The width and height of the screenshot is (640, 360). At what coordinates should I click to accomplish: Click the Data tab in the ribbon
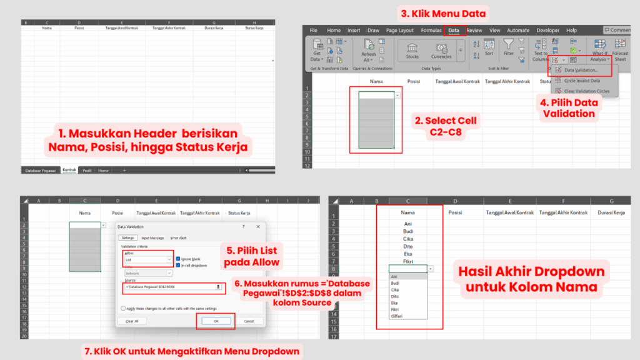pos(454,30)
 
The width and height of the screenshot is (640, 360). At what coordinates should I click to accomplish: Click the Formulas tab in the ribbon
pos(431,30)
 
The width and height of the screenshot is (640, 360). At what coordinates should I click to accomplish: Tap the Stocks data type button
pos(412,50)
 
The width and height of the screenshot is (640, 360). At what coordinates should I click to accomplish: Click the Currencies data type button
pos(441,50)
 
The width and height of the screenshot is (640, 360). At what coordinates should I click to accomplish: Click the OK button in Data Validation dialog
pos(216,321)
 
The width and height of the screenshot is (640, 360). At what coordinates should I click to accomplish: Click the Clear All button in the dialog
pos(132,321)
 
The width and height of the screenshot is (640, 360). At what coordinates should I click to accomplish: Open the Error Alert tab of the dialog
pos(179,237)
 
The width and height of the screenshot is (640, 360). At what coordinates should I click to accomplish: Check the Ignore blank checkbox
pos(178,258)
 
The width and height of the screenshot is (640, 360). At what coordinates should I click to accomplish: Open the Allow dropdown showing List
pos(147,259)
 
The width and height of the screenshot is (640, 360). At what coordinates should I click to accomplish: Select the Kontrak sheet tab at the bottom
pos(69,170)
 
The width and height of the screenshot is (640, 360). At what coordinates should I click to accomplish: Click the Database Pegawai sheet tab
pos(40,170)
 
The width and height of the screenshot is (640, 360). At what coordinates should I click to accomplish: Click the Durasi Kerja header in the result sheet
pos(611,212)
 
